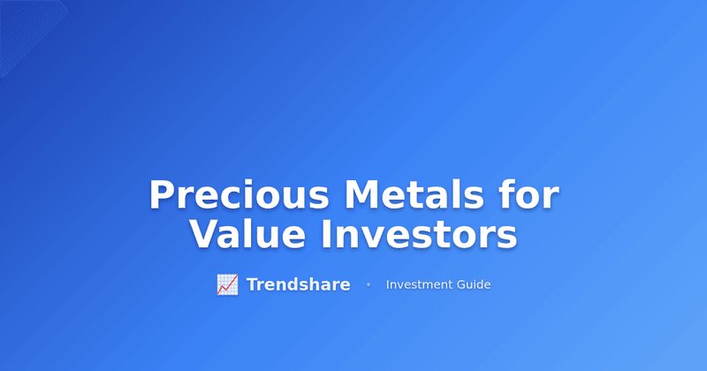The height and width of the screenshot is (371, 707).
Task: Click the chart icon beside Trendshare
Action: point(227,284)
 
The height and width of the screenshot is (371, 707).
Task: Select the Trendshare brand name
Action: point(298,284)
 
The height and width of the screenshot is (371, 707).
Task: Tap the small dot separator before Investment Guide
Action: point(368,284)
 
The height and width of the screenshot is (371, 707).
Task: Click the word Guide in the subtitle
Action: point(475,284)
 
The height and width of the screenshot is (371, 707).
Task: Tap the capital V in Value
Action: point(204,235)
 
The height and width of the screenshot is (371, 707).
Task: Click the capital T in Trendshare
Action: point(252,284)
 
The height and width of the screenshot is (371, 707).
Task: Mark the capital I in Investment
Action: point(388,284)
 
